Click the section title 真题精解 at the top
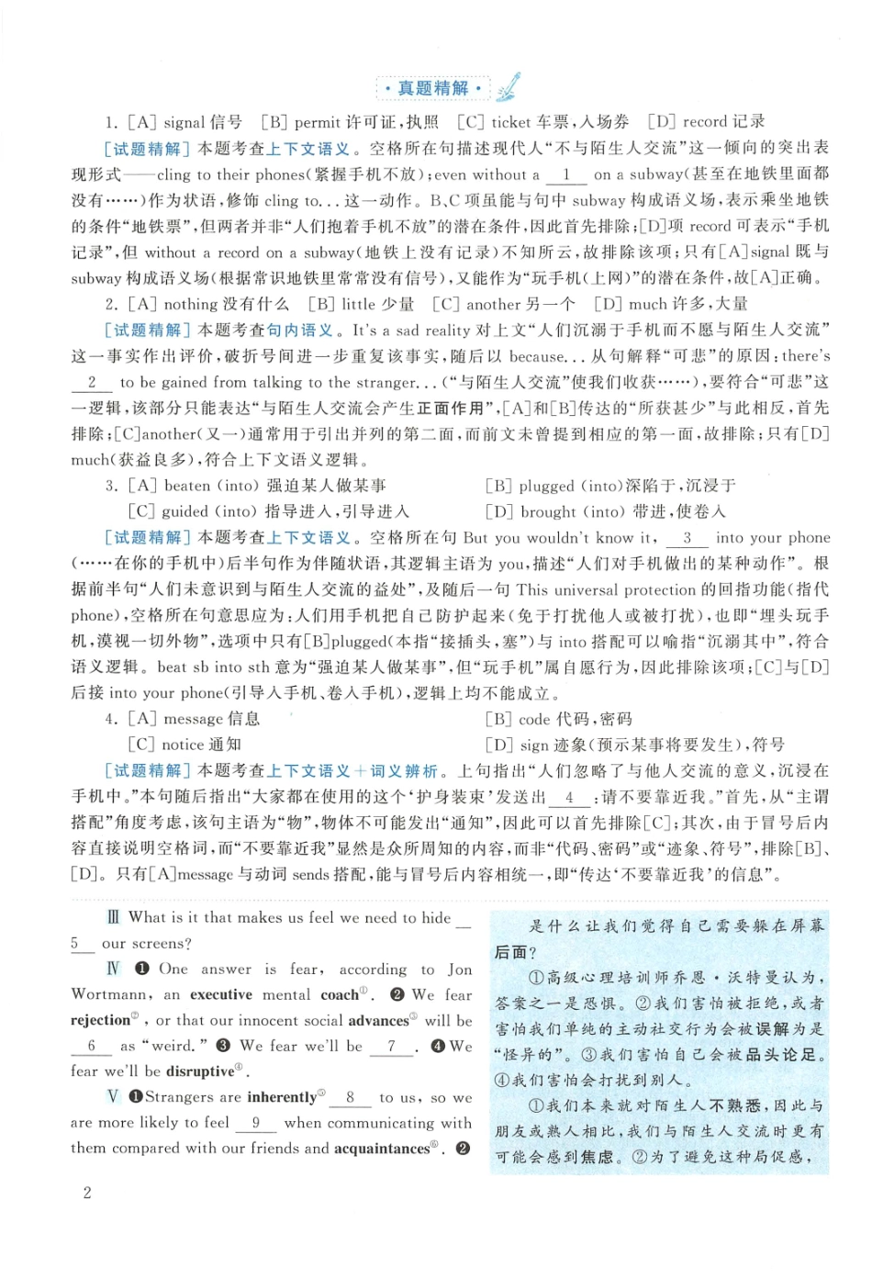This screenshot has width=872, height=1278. pos(432,88)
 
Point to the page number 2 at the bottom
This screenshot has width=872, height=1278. pos(87,1193)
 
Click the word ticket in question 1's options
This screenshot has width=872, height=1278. pos(511,121)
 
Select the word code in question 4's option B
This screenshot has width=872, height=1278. pos(534,719)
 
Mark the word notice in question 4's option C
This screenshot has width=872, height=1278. pos(183,745)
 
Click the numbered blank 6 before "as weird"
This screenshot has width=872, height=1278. pos(91,1046)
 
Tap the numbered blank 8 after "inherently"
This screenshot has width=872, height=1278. pos(350,1097)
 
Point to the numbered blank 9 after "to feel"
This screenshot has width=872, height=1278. pos(256,1123)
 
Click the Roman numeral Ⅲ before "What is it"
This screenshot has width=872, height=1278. pos(113,917)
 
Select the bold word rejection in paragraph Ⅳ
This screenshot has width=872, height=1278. pos(100,1020)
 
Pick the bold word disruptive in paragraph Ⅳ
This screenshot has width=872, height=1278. pos(200,1071)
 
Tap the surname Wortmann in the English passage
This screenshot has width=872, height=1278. pos(108,994)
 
